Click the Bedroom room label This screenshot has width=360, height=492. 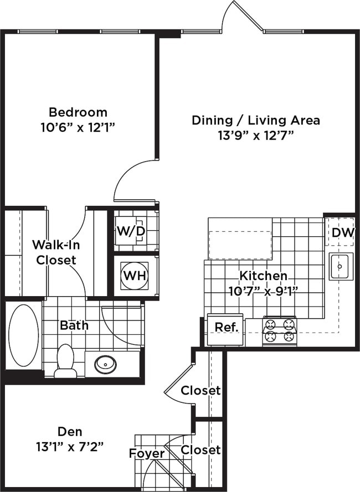[78, 112]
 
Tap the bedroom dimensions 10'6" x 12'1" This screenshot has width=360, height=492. [78, 127]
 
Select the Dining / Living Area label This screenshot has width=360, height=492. [256, 120]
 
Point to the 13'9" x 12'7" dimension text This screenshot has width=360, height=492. [256, 136]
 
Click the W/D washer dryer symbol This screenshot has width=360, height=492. [131, 231]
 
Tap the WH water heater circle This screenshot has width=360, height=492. [135, 276]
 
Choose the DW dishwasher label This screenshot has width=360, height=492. [343, 232]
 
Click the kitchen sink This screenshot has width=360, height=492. [339, 267]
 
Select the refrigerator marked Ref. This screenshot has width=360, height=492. [225, 330]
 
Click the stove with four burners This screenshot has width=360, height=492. [280, 332]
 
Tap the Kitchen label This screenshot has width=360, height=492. [263, 276]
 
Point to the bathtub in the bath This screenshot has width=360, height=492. [24, 335]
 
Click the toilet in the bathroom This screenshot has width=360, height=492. [66, 361]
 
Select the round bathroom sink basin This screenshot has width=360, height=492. [105, 364]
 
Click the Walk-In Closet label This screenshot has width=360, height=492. [56, 252]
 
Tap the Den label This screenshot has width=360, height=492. [70, 432]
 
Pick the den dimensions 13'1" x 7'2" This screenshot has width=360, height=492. [70, 447]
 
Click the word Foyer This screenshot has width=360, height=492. [147, 453]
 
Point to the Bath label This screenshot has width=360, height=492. [74, 325]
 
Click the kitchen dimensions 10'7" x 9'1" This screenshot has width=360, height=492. [263, 291]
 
